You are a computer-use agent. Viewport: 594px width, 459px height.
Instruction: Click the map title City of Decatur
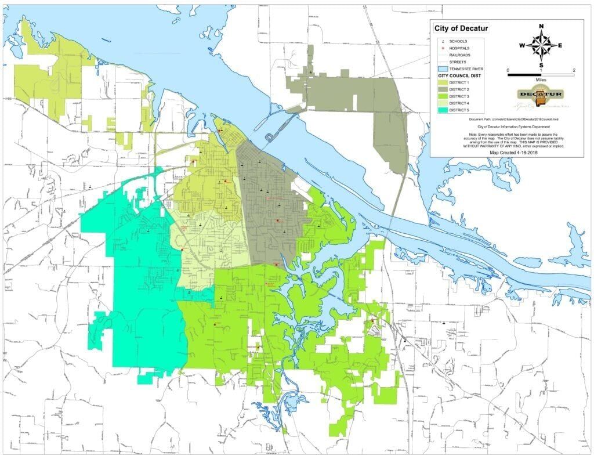tap(462, 28)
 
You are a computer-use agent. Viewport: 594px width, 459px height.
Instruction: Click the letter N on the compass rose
tap(541, 26)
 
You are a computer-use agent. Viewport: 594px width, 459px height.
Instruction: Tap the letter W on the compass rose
tap(522, 46)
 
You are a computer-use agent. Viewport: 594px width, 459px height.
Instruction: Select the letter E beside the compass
tap(560, 46)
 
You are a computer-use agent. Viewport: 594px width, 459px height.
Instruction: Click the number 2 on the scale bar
tap(573, 70)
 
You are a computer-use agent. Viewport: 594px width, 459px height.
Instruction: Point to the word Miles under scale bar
tap(541, 81)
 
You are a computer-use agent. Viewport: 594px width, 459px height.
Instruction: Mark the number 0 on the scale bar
tap(508, 70)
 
